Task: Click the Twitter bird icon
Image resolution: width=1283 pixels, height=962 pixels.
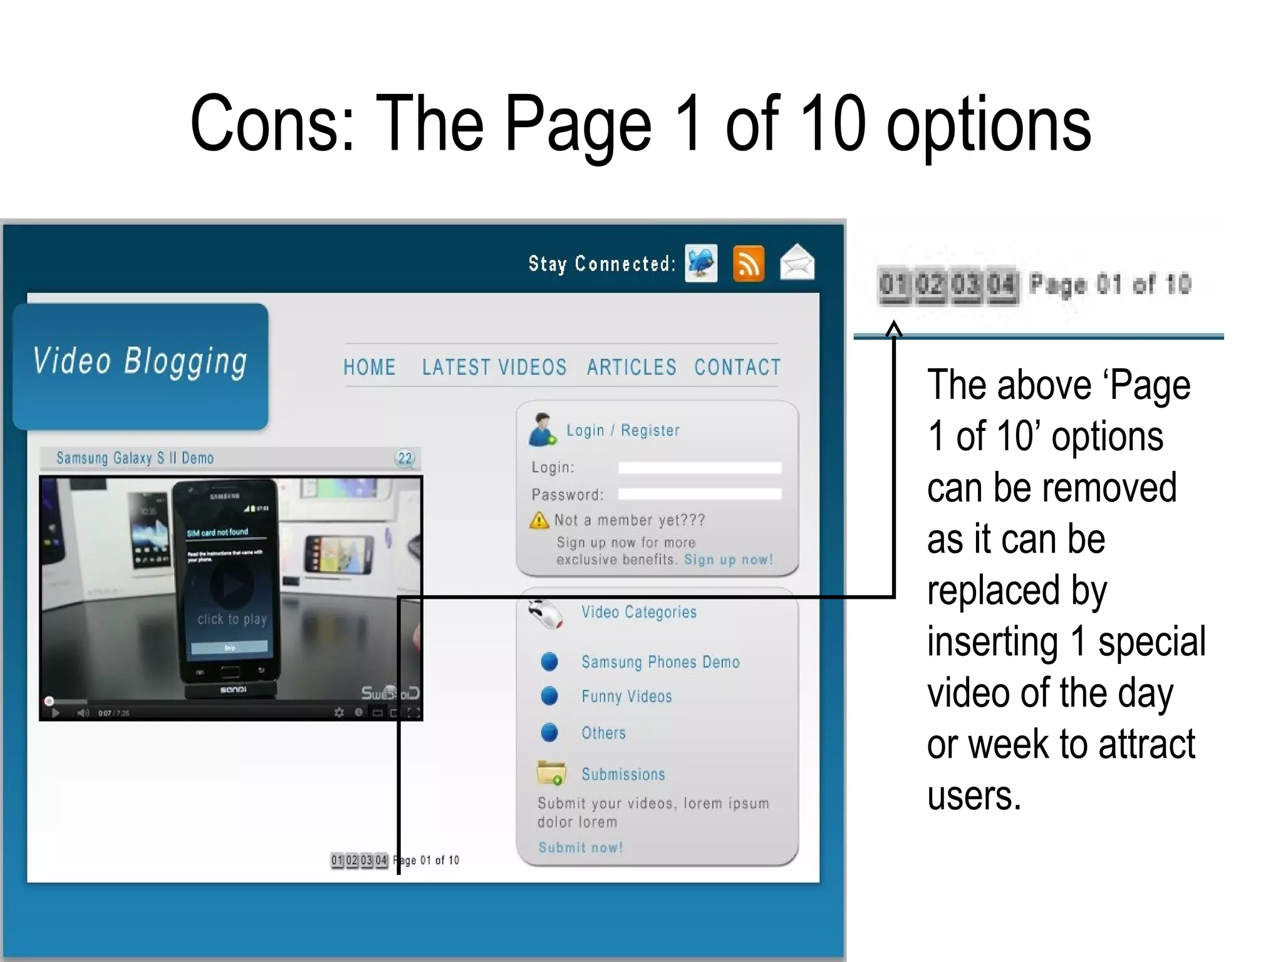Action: pyautogui.click(x=701, y=263)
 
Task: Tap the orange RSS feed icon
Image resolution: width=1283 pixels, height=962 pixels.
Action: pyautogui.click(x=749, y=264)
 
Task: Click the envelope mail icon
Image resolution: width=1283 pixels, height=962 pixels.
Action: pyautogui.click(x=797, y=262)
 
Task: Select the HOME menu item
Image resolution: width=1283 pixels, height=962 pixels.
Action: pyautogui.click(x=369, y=367)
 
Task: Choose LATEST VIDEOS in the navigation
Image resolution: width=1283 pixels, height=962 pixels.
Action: pyautogui.click(x=494, y=367)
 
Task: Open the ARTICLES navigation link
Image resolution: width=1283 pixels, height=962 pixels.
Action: pyautogui.click(x=631, y=367)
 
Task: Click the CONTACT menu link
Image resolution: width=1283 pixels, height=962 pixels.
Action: pyautogui.click(x=737, y=367)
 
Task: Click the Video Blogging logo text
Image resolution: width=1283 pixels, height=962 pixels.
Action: pyautogui.click(x=140, y=362)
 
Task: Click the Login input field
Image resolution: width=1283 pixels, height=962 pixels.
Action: pyautogui.click(x=700, y=468)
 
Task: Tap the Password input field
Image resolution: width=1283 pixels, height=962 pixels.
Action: pyautogui.click(x=700, y=494)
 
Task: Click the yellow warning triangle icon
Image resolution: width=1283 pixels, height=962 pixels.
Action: pyautogui.click(x=539, y=520)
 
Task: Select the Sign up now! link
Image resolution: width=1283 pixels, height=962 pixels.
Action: pyautogui.click(x=728, y=559)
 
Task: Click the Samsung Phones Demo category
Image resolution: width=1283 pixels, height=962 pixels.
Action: pyautogui.click(x=660, y=662)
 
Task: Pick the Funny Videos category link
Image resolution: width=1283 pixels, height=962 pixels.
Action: pyautogui.click(x=626, y=696)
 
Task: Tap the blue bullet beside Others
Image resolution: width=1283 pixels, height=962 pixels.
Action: pyautogui.click(x=549, y=732)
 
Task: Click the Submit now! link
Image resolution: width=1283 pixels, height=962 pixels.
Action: pyautogui.click(x=581, y=847)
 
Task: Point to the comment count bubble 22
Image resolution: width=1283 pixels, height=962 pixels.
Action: pyautogui.click(x=405, y=458)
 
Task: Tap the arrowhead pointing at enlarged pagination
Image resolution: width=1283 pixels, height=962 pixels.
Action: pyautogui.click(x=894, y=328)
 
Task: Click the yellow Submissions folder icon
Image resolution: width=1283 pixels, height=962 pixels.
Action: pyautogui.click(x=551, y=773)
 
